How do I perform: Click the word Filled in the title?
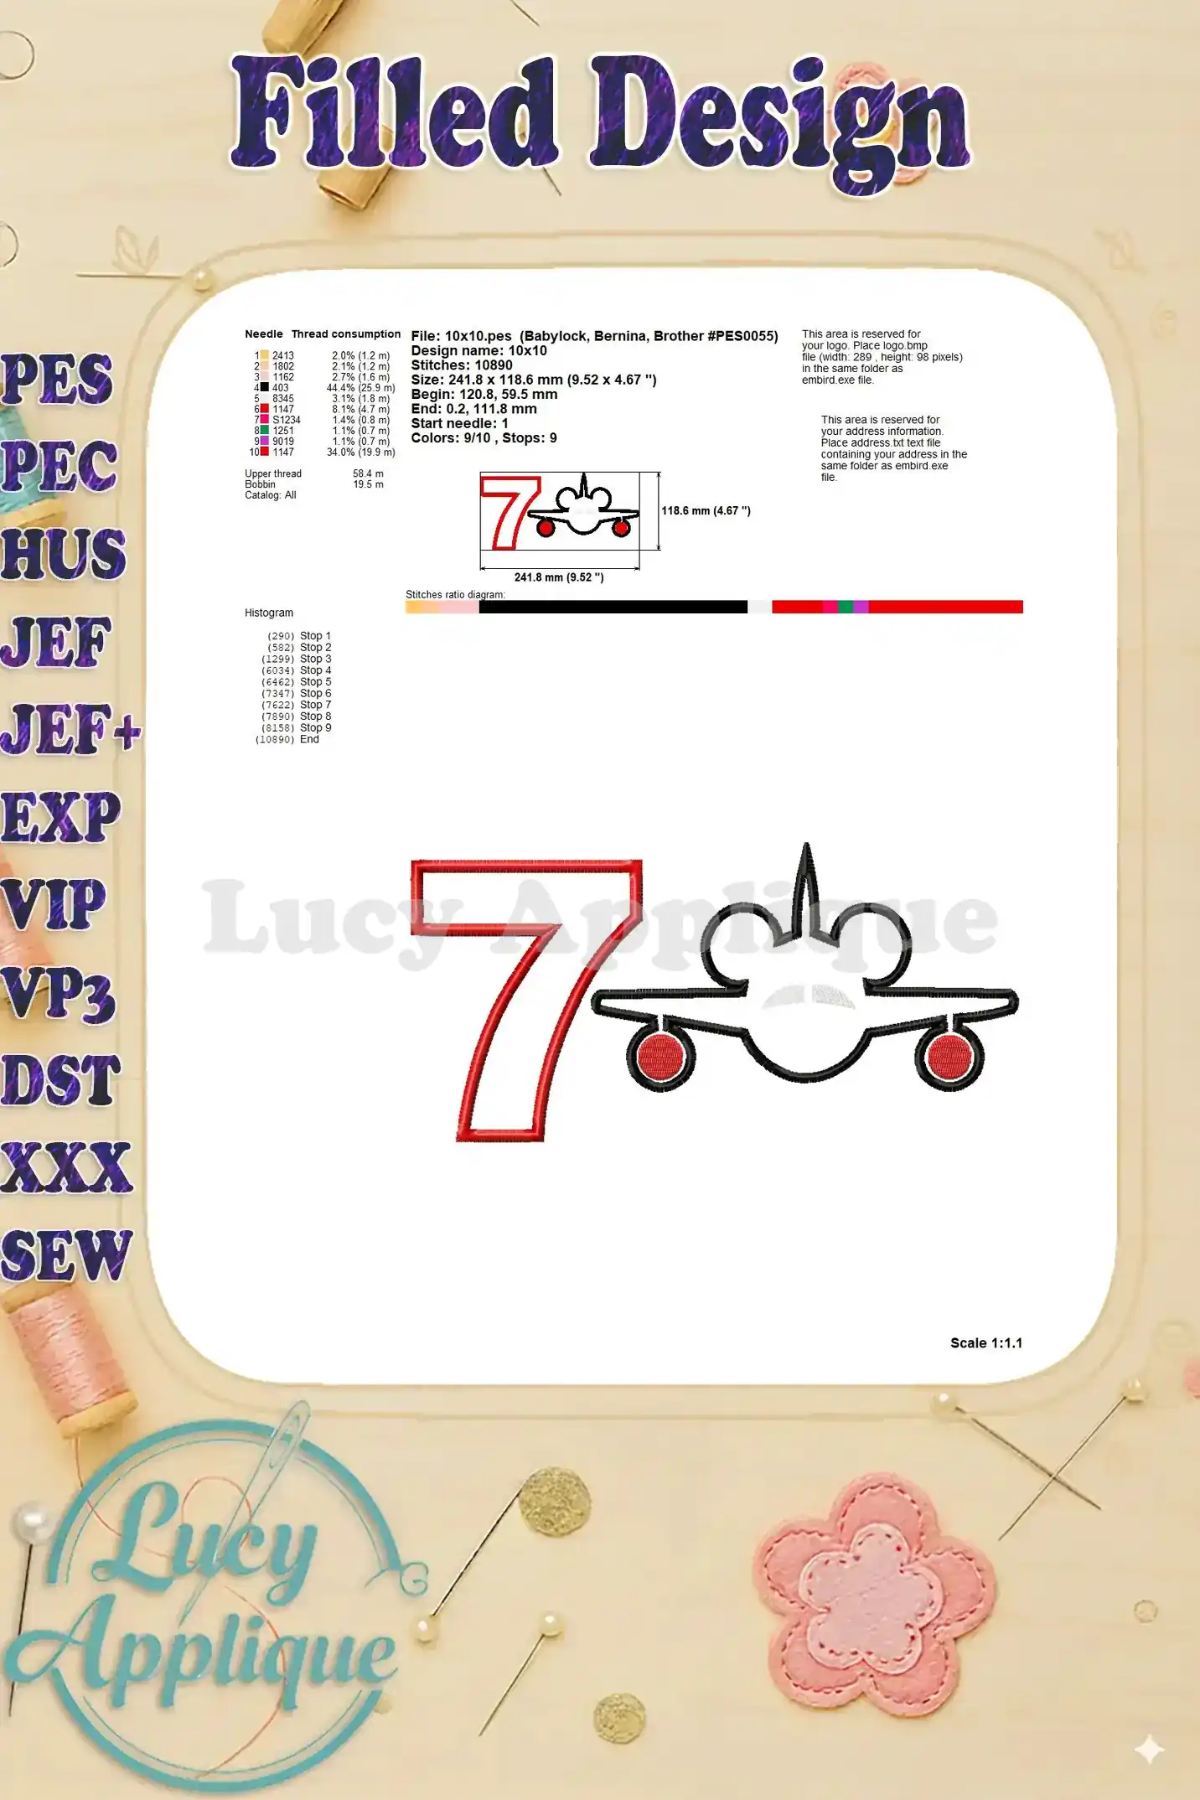394,113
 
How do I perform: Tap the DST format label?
60,1081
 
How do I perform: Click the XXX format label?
65,1168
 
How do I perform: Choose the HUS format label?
63,554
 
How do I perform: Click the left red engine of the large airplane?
659,1056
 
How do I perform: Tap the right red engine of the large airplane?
949,1056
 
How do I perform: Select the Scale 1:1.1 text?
985,1342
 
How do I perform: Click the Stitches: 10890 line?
461,365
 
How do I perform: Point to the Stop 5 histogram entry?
315,682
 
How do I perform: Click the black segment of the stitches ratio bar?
612,607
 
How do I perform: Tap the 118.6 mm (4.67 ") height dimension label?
706,510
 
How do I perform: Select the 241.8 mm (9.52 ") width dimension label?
558,577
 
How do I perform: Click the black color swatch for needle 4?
265,387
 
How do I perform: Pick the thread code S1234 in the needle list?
286,420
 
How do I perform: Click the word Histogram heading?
268,613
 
